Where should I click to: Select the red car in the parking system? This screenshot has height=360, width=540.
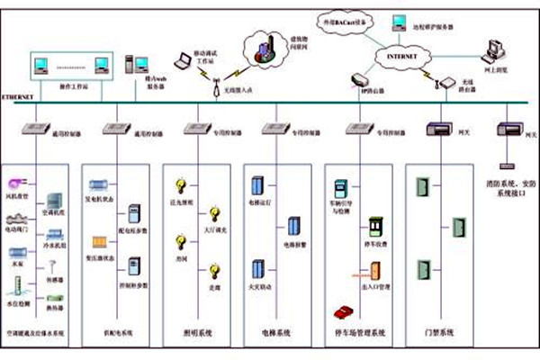click(343, 311)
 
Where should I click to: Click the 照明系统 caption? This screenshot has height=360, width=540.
click(199, 334)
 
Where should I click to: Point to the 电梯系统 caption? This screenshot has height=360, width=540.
click(280, 334)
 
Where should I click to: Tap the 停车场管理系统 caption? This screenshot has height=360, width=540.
click(359, 334)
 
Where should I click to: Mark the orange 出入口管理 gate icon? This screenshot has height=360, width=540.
click(371, 270)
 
